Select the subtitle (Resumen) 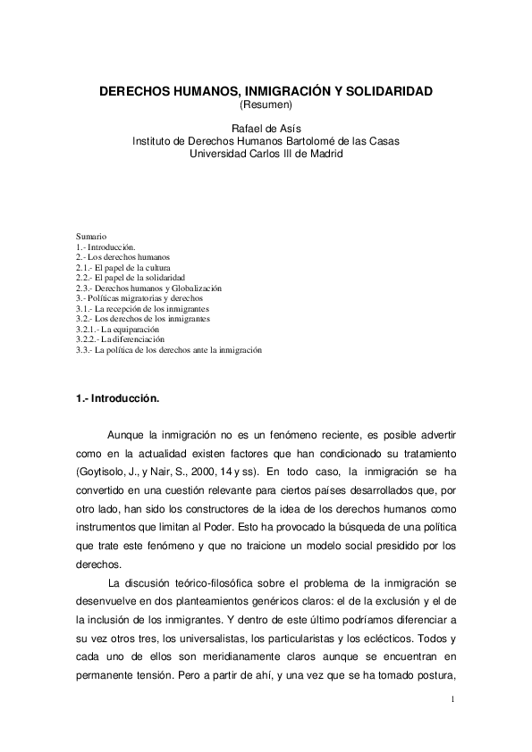pos(266,105)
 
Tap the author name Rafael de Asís pos(266,129)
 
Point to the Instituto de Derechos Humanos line pos(266,141)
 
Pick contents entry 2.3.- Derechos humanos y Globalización pos(148,288)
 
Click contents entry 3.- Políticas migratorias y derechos pos(139,298)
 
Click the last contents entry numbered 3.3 pos(169,351)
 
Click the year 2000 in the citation pos(204,469)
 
